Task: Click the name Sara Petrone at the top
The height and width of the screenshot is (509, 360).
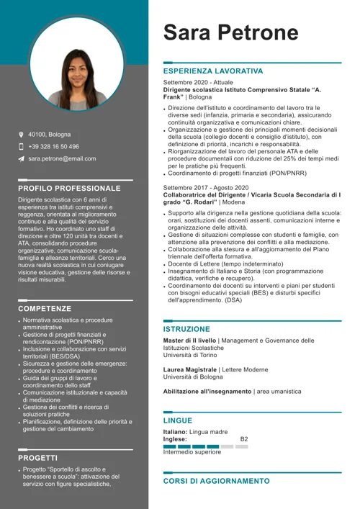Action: [230, 32]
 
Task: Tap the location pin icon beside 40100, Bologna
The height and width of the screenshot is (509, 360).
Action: [22, 135]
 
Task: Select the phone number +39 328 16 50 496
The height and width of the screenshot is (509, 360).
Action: [54, 146]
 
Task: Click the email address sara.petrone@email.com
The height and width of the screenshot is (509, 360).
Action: [62, 158]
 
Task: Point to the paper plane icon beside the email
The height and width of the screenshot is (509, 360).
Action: [22, 158]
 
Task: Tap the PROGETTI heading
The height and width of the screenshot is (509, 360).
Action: [38, 457]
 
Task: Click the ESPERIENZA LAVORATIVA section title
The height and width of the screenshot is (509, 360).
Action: [213, 72]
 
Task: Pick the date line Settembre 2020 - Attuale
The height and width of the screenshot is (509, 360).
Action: [198, 83]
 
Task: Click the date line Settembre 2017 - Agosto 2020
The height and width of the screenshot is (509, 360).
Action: [206, 188]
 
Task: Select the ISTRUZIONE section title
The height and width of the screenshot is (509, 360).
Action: [186, 329]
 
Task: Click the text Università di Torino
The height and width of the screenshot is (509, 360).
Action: [192, 356]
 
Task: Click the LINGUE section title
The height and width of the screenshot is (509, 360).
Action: [178, 420]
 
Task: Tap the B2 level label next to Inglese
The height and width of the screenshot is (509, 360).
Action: [244, 438]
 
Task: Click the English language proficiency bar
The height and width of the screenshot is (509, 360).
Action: [205, 446]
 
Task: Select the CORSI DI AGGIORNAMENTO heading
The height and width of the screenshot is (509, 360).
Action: [216, 481]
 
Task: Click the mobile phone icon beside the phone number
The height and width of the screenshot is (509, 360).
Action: [22, 146]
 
